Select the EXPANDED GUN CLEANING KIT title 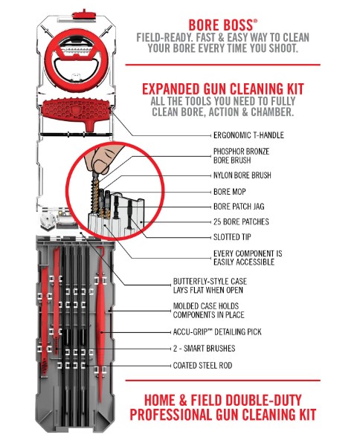[x=223, y=89]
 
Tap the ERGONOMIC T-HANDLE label [x=248, y=135]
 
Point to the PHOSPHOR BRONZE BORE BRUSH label [x=241, y=156]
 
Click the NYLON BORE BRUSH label [x=242, y=175]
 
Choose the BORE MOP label [x=229, y=192]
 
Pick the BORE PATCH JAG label [x=239, y=207]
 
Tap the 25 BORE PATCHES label [x=241, y=221]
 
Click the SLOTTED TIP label [x=232, y=237]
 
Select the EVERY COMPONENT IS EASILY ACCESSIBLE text [x=248, y=258]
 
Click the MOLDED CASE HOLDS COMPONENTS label [x=208, y=311]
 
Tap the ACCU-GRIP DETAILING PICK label [x=217, y=332]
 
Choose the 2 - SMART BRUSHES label [x=204, y=349]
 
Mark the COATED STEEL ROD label [x=202, y=366]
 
